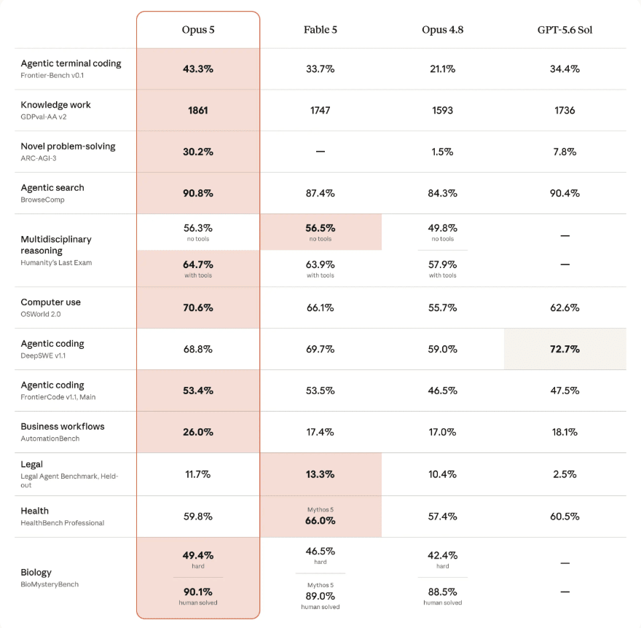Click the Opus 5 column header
pyautogui.click(x=198, y=30)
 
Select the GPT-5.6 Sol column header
pyautogui.click(x=565, y=30)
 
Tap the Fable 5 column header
pyautogui.click(x=320, y=30)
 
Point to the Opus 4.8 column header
pyautogui.click(x=442, y=30)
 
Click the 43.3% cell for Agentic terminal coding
pyautogui.click(x=198, y=69)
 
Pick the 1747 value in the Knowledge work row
pyautogui.click(x=320, y=111)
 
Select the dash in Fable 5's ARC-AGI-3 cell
pyautogui.click(x=320, y=152)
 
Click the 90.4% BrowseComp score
pyautogui.click(x=565, y=193)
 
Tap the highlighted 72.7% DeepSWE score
pyautogui.click(x=565, y=349)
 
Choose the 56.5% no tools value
pyautogui.click(x=320, y=228)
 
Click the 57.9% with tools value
pyautogui.click(x=442, y=264)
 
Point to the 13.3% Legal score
pyautogui.click(x=320, y=474)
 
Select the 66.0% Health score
pyautogui.click(x=320, y=520)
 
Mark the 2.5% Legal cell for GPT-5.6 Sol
pyautogui.click(x=565, y=474)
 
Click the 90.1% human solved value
pyautogui.click(x=198, y=592)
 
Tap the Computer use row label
pyautogui.click(x=51, y=302)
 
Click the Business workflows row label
pyautogui.click(x=63, y=426)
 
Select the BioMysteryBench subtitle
pyautogui.click(x=50, y=584)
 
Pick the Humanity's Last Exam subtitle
pyautogui.click(x=56, y=262)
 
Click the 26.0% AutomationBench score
pyautogui.click(x=198, y=432)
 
